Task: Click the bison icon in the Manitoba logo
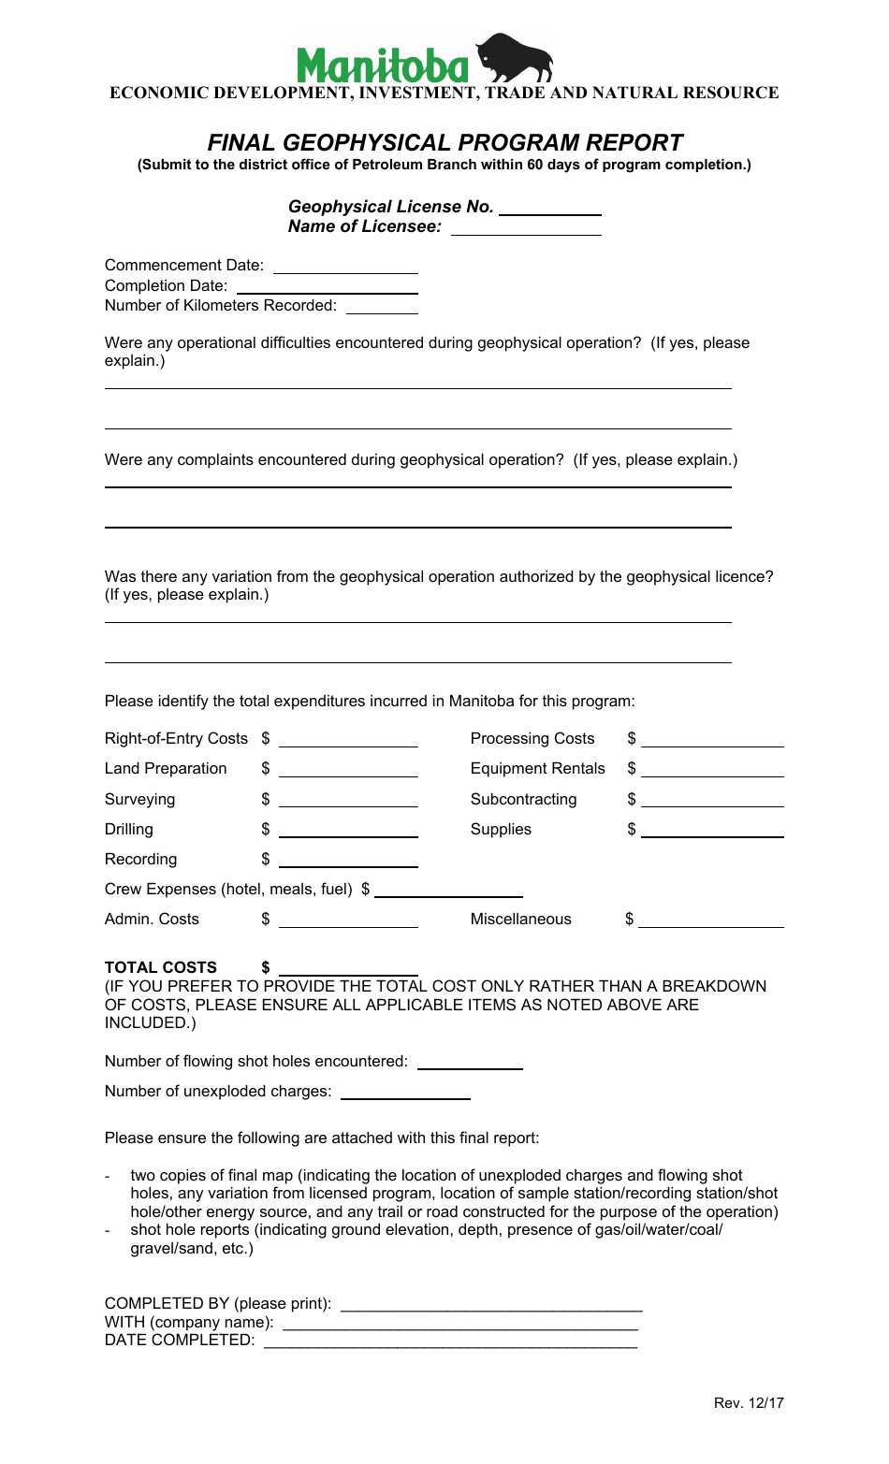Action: click(x=514, y=58)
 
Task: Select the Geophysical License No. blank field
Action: click(x=549, y=208)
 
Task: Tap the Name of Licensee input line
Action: click(x=526, y=227)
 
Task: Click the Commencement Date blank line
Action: click(x=345, y=267)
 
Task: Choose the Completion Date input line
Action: click(x=327, y=286)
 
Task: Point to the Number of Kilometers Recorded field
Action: click(x=382, y=306)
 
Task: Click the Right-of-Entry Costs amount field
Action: click(x=348, y=740)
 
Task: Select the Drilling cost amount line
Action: click(x=348, y=830)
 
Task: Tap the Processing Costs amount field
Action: click(x=712, y=740)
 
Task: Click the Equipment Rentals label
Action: click(x=537, y=769)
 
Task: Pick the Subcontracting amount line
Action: click(x=712, y=800)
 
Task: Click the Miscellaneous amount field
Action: click(x=711, y=920)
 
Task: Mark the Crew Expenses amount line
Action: click(x=448, y=890)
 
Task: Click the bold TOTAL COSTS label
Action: click(x=161, y=967)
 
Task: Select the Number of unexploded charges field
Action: click(x=405, y=1092)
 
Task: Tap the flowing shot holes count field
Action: click(x=470, y=1062)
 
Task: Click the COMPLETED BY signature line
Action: click(x=491, y=1304)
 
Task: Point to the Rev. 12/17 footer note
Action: click(x=749, y=1403)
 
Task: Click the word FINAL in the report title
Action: click(x=241, y=143)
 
